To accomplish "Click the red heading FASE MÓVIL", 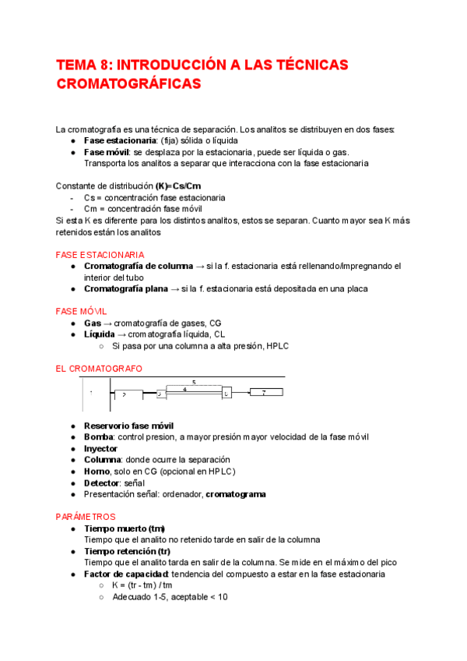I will (86, 311).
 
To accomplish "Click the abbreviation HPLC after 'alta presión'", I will (275, 345).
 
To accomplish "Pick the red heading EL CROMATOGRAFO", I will (99, 368).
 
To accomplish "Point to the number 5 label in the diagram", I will (193, 382).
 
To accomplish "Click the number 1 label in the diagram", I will (91, 394).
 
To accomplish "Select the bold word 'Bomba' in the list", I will (99, 437).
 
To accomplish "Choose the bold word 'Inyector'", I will (100, 449).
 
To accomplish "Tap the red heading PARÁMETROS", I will (86, 517).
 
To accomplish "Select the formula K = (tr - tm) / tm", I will (142, 585).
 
